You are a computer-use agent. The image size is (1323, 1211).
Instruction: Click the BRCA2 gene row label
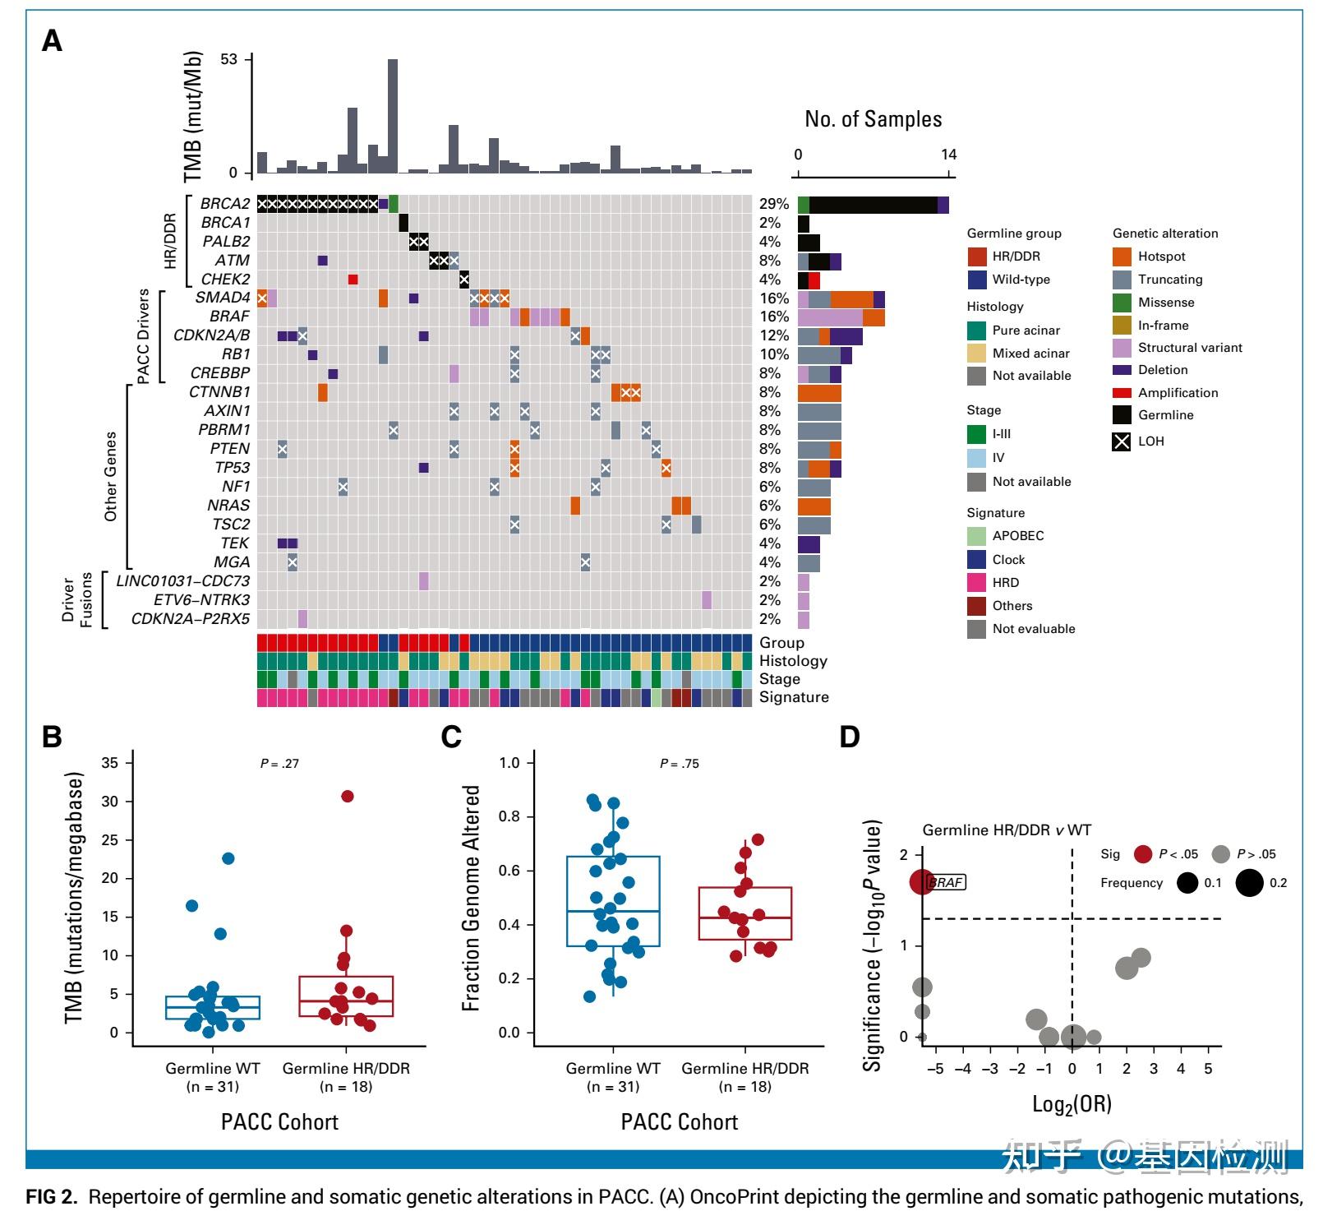224,204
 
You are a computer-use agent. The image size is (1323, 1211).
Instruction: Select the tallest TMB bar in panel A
393,115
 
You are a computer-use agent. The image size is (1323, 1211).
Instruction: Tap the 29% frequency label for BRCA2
773,204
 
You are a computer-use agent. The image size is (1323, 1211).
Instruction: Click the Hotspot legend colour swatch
1122,257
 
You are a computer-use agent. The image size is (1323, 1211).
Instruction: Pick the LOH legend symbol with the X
1122,441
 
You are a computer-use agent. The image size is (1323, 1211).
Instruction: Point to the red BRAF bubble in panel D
922,882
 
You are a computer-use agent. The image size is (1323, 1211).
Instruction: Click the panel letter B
52,737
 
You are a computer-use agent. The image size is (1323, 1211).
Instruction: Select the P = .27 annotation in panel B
279,764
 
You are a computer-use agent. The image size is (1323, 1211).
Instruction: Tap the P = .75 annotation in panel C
679,764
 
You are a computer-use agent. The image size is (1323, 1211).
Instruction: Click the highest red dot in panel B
347,796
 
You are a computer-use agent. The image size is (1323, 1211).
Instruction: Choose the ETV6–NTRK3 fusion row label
201,600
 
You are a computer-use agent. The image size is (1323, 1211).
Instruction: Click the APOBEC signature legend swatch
976,536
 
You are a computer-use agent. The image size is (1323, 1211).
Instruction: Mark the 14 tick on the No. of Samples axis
949,155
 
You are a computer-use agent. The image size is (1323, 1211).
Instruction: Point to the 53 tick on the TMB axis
228,59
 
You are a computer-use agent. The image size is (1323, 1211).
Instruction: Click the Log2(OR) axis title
1072,1104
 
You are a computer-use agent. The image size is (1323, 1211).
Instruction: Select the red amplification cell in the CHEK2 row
353,280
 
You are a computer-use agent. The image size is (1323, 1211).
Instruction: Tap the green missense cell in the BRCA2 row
393,203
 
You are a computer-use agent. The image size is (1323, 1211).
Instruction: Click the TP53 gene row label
232,468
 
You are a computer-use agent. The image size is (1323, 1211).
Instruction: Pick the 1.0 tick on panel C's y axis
509,763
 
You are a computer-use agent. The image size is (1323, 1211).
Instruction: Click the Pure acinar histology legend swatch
976,330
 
